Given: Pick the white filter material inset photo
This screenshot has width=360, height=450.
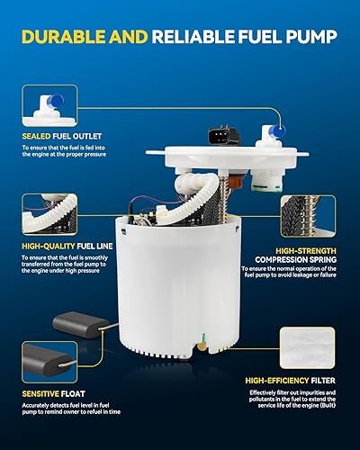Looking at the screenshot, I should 310,352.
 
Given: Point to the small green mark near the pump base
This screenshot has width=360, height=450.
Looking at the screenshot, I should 203,341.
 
